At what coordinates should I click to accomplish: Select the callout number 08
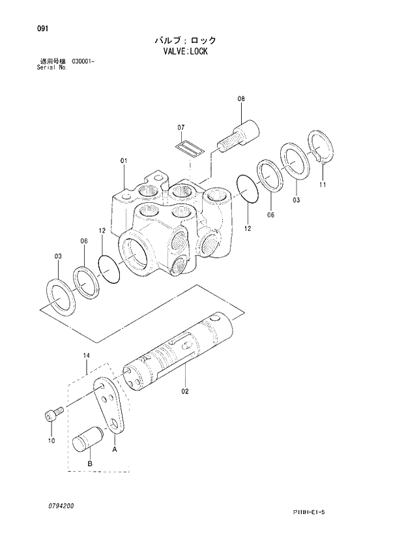click(241, 99)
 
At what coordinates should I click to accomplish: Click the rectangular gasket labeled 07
click(191, 147)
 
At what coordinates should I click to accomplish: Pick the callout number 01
click(123, 160)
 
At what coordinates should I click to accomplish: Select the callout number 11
click(323, 185)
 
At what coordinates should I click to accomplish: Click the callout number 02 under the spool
click(185, 391)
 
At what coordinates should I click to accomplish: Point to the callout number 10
click(52, 441)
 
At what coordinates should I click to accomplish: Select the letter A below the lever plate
click(115, 449)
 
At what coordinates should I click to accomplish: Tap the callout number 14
click(86, 355)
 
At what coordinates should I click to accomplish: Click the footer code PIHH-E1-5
click(308, 512)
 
